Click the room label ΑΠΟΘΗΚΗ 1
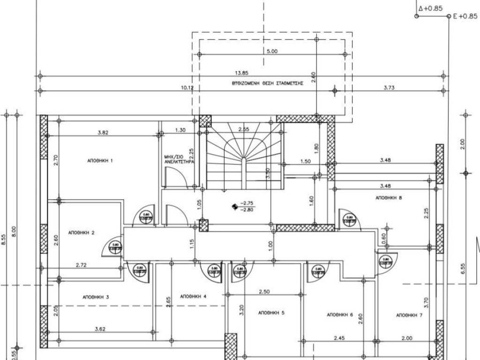(100, 160)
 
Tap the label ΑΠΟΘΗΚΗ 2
(82, 232)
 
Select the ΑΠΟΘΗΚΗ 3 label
(96, 297)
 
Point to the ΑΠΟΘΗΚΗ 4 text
(193, 296)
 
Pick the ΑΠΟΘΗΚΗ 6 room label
(340, 315)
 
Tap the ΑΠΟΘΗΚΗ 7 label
(409, 315)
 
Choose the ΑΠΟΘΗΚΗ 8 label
(389, 198)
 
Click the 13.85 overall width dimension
(241, 73)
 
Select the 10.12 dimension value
(187, 88)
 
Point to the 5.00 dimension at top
(272, 51)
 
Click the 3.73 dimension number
(389, 88)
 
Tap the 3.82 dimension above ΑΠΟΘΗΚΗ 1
(103, 133)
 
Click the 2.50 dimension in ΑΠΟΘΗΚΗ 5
(264, 292)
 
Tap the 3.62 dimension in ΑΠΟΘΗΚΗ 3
(99, 329)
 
